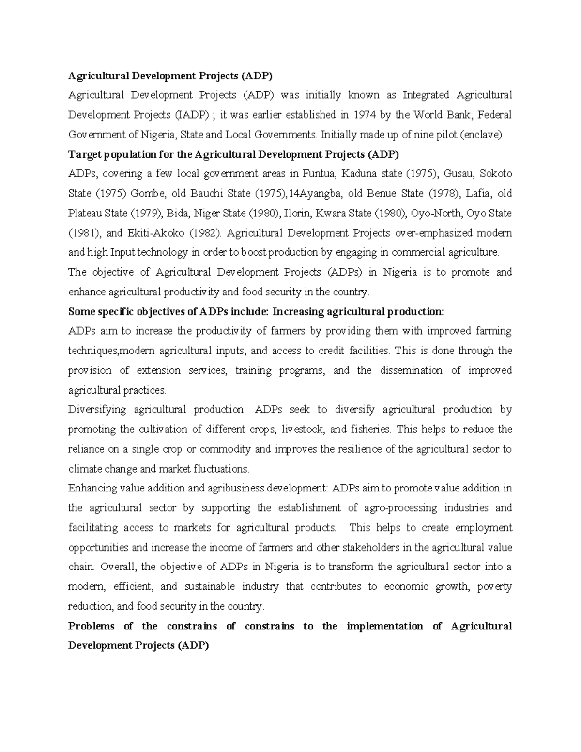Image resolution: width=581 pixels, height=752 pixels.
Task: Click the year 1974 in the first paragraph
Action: (x=365, y=115)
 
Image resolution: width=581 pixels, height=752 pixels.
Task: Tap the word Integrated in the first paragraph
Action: (x=426, y=95)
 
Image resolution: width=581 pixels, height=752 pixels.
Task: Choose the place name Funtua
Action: (x=319, y=174)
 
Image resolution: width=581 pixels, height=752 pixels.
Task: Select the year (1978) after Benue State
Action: (x=443, y=194)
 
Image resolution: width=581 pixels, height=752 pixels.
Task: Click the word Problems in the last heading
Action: (x=92, y=626)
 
